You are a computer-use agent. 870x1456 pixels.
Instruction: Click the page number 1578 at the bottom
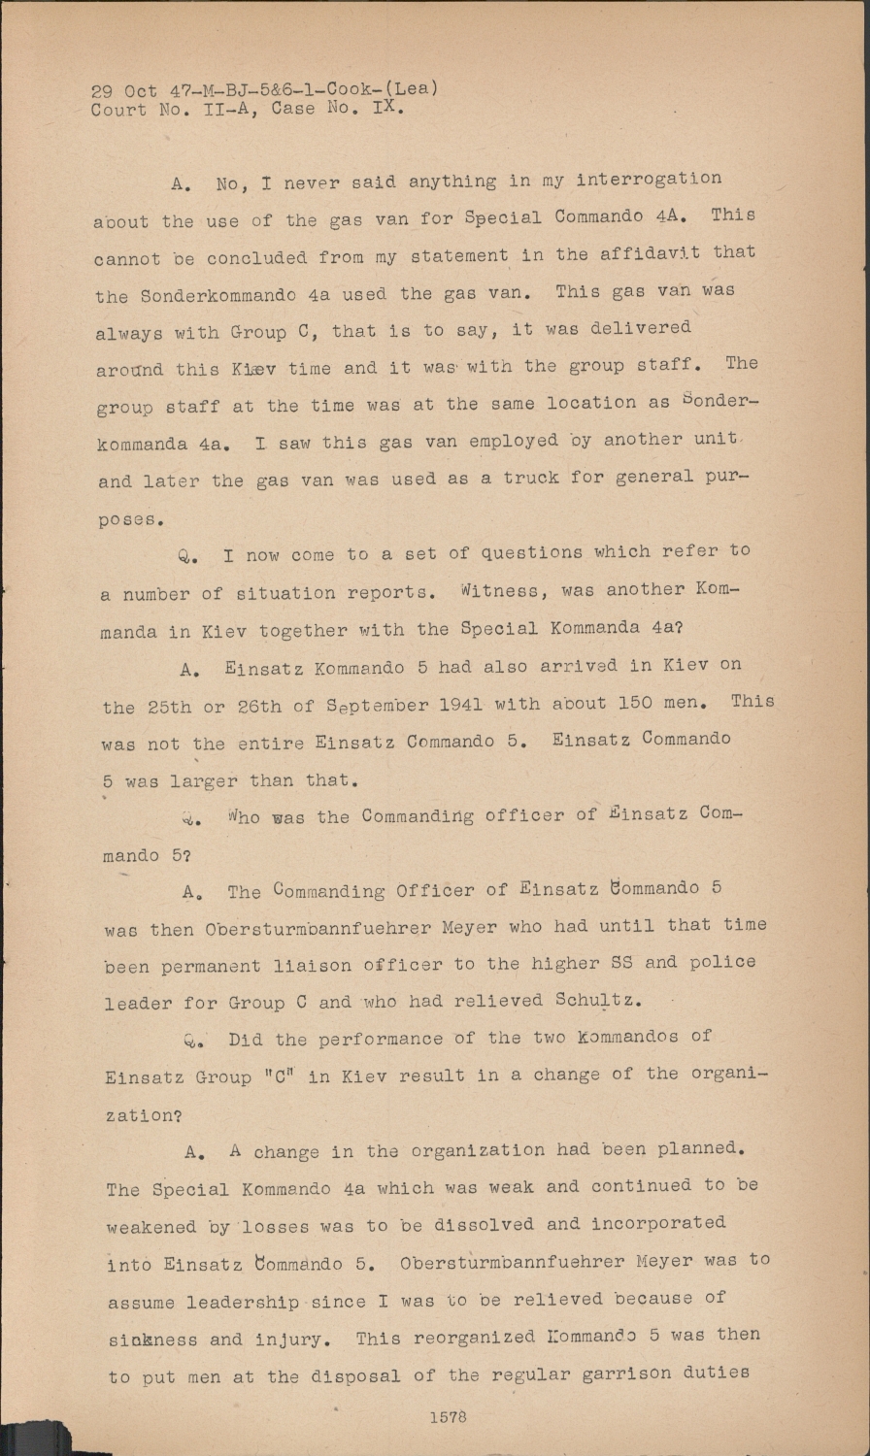click(447, 1417)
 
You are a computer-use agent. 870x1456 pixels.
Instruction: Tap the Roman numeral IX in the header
click(385, 108)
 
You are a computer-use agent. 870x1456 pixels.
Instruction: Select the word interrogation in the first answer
click(649, 180)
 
